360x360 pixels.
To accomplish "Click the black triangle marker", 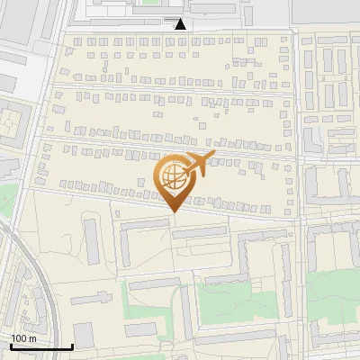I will (181, 24).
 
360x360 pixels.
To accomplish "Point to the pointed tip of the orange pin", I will (172, 211).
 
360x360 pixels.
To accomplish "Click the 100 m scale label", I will (23, 338).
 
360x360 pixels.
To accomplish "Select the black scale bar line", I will (40, 346).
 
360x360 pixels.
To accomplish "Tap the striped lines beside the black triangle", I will (170, 18).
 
